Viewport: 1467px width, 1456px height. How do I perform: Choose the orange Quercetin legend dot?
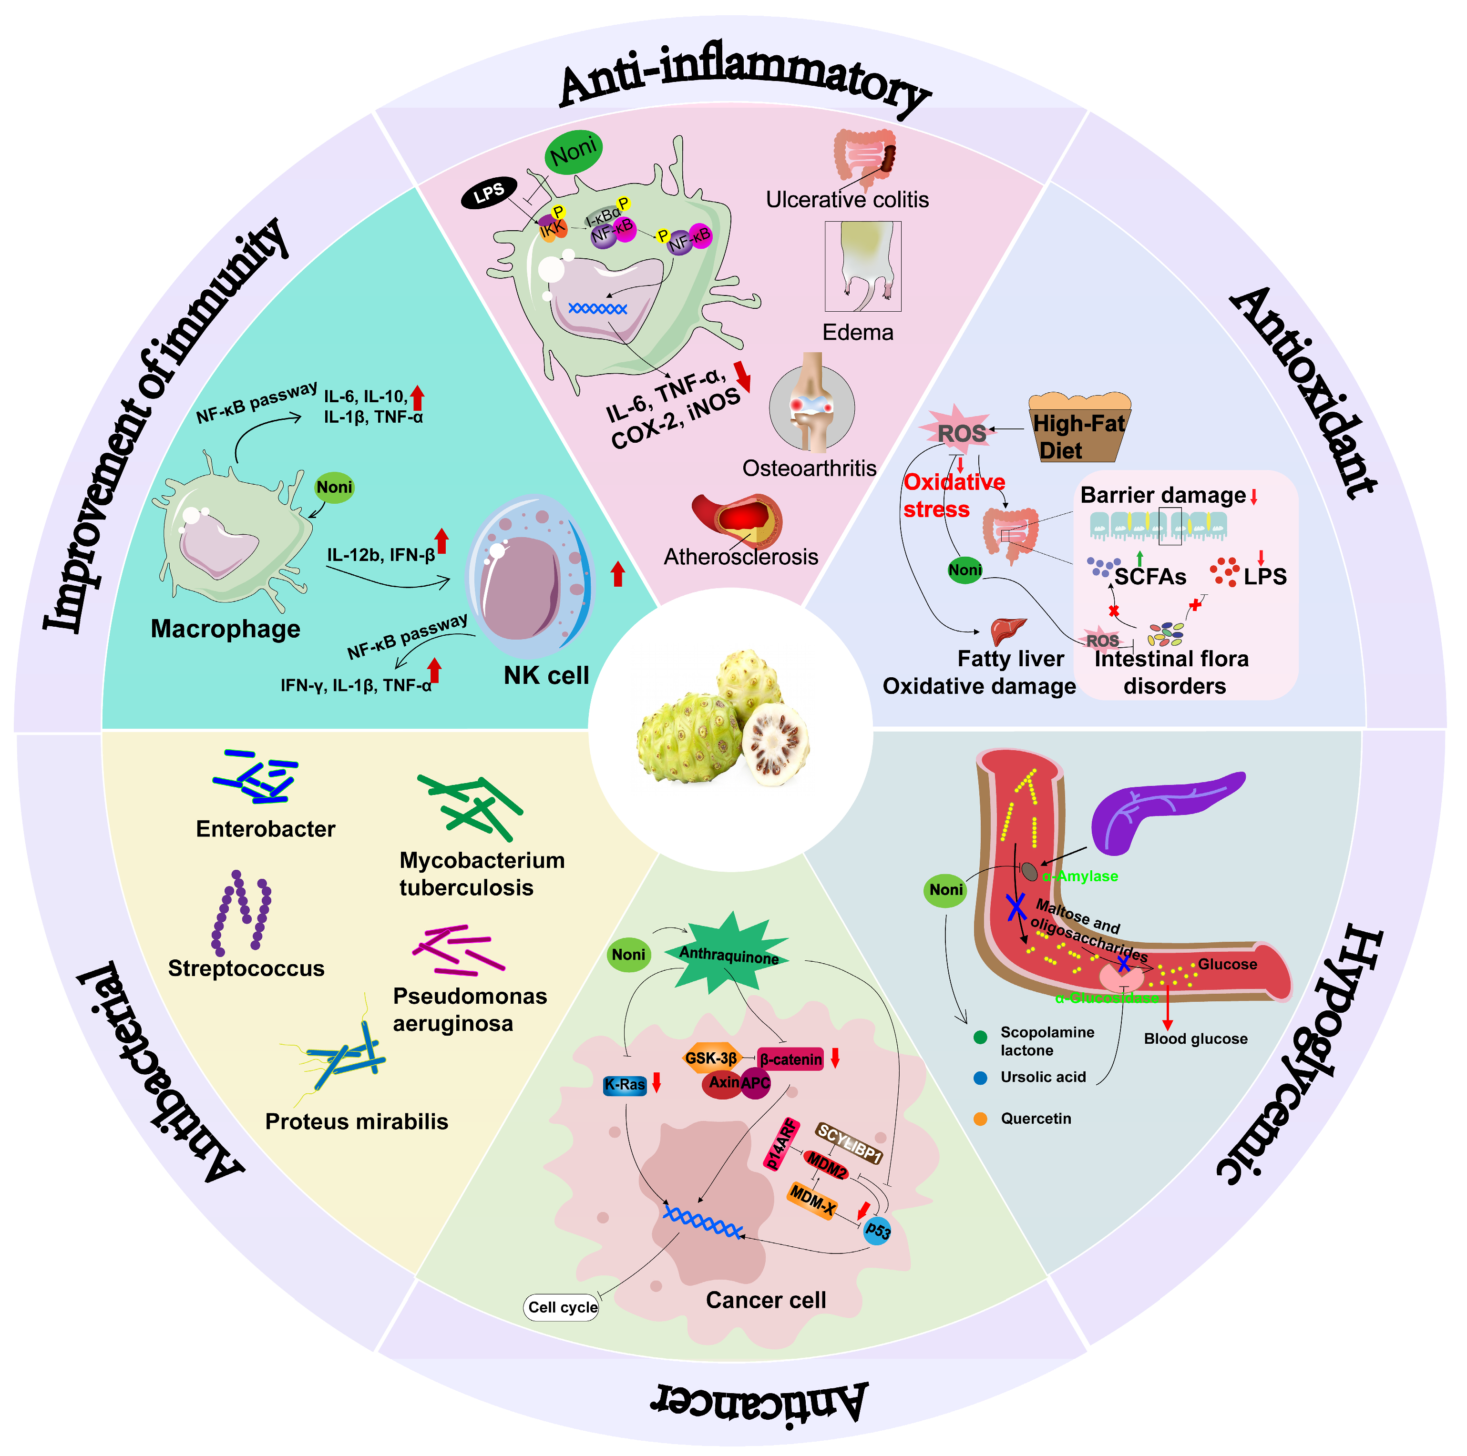[x=980, y=1119]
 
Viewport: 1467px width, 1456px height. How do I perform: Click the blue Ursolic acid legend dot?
[x=980, y=1078]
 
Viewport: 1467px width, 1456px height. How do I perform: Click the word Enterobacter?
[x=265, y=829]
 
